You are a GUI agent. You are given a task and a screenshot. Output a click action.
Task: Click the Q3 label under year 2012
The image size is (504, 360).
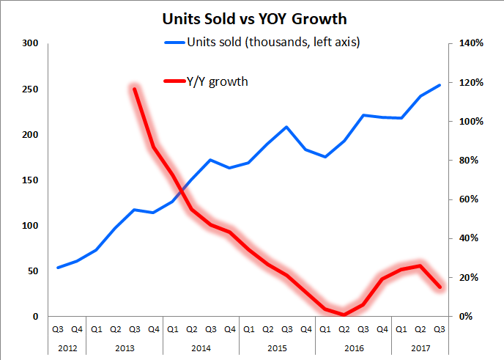pyautogui.click(x=58, y=329)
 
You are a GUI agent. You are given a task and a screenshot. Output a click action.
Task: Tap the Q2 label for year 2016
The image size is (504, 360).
pyautogui.click(x=344, y=329)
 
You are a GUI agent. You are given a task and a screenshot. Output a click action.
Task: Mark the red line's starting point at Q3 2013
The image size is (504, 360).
pyautogui.click(x=134, y=89)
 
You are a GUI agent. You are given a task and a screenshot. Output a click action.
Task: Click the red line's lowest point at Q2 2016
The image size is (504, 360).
pyautogui.click(x=344, y=315)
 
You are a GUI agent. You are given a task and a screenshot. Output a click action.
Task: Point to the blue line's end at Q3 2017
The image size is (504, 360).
pyautogui.click(x=440, y=85)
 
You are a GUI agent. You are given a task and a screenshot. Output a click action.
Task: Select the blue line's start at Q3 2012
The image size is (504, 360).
pyautogui.click(x=58, y=268)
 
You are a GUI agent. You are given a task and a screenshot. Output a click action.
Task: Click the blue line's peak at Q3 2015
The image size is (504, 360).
pyautogui.click(x=287, y=127)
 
